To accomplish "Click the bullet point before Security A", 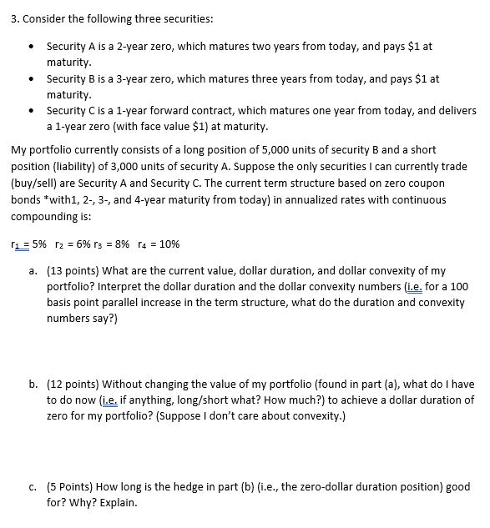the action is click(31, 47).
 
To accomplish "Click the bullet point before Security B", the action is click(31, 79).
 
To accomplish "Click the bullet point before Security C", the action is click(31, 111).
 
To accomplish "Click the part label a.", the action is click(32, 271).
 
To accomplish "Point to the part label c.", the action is click(32, 487).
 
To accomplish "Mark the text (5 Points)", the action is click(73, 487).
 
